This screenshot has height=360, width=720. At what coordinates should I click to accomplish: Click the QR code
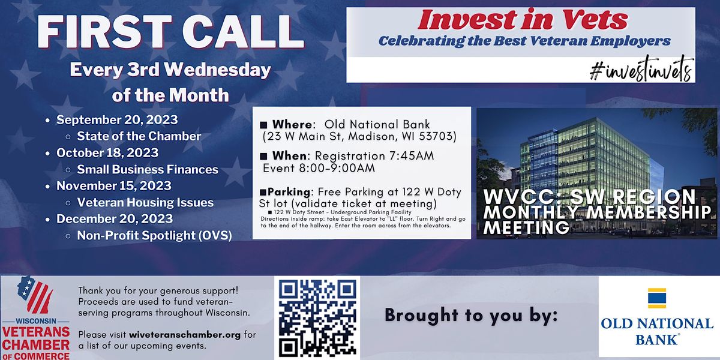pos(317,318)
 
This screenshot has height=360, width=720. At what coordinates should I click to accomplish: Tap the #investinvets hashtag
pos(641,70)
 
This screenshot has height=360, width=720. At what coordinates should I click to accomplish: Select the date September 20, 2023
pos(117,119)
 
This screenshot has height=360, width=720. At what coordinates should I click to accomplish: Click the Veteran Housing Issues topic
pos(145,202)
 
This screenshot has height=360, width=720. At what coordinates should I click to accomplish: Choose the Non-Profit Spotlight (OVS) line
pos(154,235)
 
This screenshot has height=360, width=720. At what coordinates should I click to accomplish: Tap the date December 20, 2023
pos(115,219)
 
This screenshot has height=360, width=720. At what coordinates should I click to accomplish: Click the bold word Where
pos(293,124)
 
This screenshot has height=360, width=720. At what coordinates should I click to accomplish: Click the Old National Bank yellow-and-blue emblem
pos(657,298)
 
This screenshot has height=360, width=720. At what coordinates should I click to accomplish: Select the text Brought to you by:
pos(472,315)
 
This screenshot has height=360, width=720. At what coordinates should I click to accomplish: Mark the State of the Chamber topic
pos(139,136)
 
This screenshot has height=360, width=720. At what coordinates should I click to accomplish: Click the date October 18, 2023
pos(107,152)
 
